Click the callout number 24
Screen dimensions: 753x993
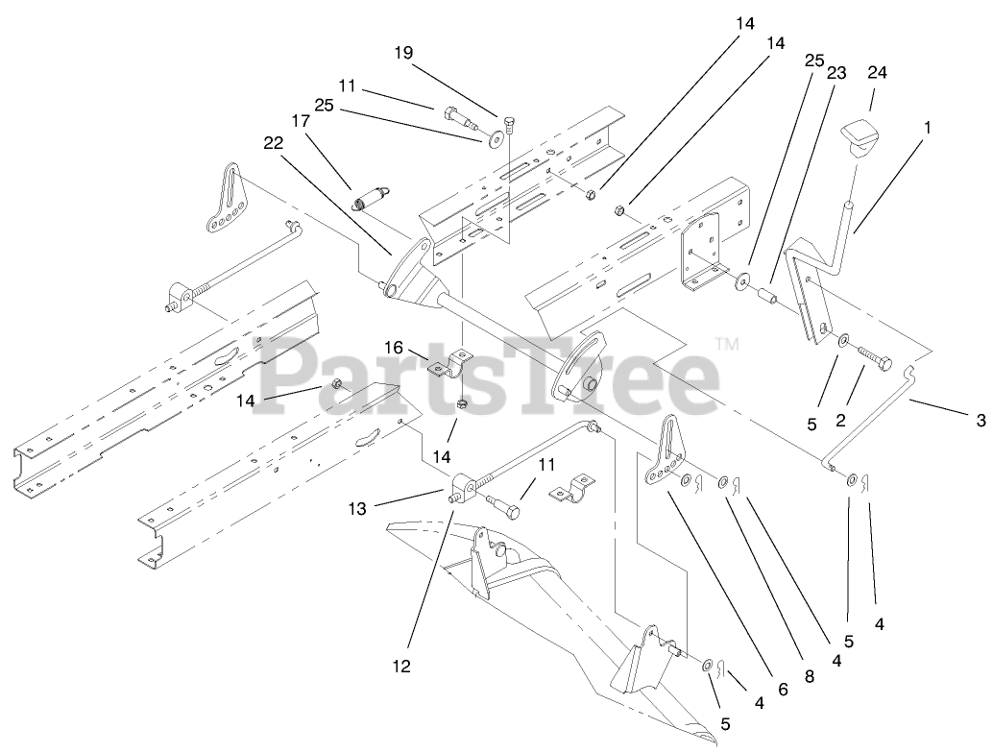click(877, 72)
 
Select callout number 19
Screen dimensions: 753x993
click(403, 54)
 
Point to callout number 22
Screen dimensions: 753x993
click(274, 143)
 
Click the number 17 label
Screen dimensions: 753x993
click(301, 122)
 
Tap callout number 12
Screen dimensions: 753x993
click(400, 666)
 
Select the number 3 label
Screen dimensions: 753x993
click(981, 419)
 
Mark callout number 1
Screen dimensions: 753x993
click(927, 125)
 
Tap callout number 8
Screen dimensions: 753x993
click(809, 676)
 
